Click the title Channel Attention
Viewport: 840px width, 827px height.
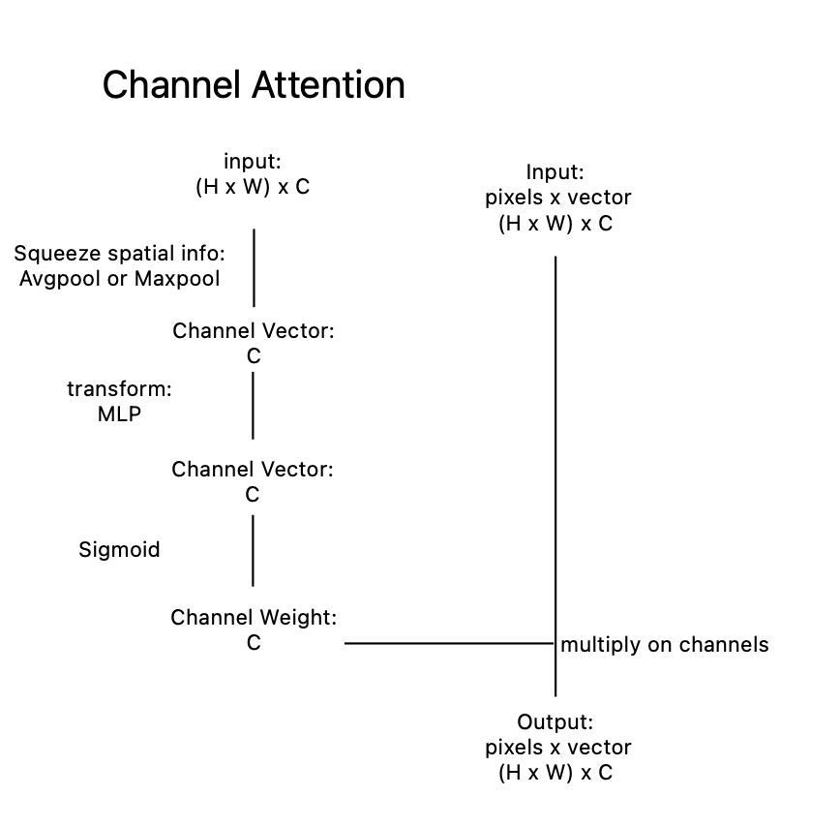[254, 84]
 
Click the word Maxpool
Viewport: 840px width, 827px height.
[177, 279]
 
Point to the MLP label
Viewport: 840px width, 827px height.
[119, 414]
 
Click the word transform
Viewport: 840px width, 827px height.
[117, 389]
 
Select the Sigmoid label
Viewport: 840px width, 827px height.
[119, 550]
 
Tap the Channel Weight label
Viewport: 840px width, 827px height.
[254, 618]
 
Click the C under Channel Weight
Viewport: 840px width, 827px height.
[254, 643]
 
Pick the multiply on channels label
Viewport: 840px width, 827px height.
[664, 645]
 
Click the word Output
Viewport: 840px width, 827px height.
[553, 722]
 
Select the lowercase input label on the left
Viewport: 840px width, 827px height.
[251, 162]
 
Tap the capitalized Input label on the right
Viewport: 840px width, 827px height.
[553, 172]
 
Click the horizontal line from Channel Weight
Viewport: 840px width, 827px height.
[449, 643]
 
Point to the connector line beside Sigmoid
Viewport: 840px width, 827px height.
[253, 551]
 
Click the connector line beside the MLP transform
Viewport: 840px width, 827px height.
[253, 406]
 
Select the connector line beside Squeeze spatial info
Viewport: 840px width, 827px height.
[254, 268]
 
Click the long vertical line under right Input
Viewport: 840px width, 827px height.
[555, 476]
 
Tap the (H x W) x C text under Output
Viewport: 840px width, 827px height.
[555, 773]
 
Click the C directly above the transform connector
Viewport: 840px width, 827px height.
[254, 356]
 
